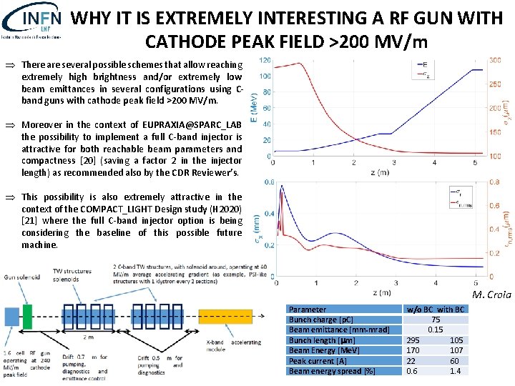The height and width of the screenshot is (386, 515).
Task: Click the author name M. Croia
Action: click(x=492, y=295)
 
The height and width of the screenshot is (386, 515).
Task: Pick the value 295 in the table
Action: click(x=413, y=340)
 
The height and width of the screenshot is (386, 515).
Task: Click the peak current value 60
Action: click(x=455, y=361)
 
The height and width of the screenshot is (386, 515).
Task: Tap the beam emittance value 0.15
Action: click(x=435, y=330)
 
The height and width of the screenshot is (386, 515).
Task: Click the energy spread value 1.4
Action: click(x=455, y=371)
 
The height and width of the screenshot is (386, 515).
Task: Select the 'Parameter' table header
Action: click(x=307, y=310)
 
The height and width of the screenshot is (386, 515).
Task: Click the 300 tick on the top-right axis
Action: click(x=494, y=61)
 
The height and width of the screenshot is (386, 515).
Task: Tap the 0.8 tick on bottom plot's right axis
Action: click(x=494, y=182)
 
